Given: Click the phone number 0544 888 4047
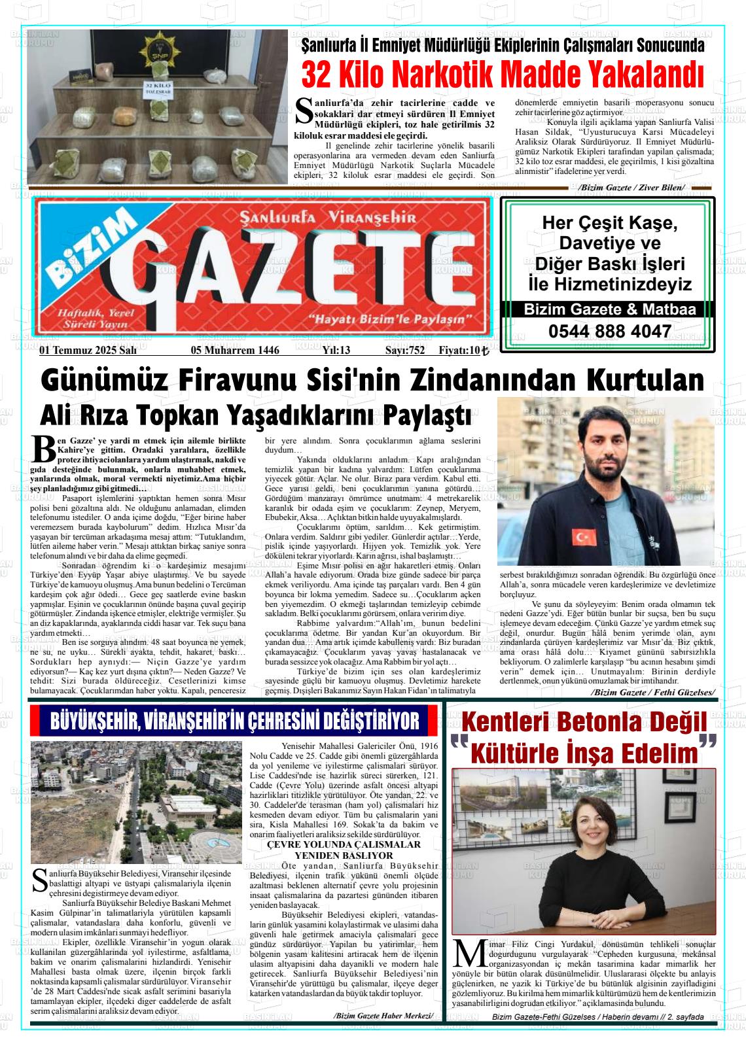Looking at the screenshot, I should pyautogui.click(x=609, y=331).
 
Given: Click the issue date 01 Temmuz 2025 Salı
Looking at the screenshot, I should pyautogui.click(x=88, y=351).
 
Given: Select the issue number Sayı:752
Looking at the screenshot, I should pyautogui.click(x=404, y=351).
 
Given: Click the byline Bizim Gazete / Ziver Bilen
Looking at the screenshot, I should pyautogui.click(x=631, y=188).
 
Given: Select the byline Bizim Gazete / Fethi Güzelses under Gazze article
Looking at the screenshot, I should pyautogui.click(x=652, y=692).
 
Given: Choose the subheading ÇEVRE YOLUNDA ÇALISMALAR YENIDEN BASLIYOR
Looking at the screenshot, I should pyautogui.click(x=344, y=850).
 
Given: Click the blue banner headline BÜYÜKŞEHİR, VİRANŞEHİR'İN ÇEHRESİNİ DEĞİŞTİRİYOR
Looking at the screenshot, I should pyautogui.click(x=234, y=721).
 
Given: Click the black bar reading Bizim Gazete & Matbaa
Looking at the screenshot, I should pyautogui.click(x=609, y=310).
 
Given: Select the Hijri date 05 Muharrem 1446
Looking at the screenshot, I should pyautogui.click(x=235, y=351).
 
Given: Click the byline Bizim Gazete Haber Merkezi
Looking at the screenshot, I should pyautogui.click(x=383, y=1016).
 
